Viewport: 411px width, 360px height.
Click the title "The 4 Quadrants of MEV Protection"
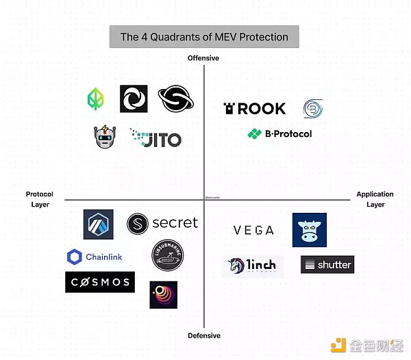tap(204, 37)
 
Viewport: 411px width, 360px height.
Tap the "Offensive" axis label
tap(203, 58)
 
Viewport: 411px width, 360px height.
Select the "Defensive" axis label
tap(204, 335)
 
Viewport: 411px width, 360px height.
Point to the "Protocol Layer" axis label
tap(40, 199)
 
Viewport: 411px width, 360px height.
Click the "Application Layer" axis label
tap(375, 199)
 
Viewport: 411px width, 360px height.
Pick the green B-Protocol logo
tap(279, 133)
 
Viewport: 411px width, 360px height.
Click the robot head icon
tap(105, 138)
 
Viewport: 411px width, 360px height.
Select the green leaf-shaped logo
tap(97, 99)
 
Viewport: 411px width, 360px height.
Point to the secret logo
tap(162, 223)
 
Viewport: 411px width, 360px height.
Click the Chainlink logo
tap(95, 257)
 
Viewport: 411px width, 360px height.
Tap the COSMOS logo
tap(99, 281)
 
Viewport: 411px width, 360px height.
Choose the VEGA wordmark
tap(253, 231)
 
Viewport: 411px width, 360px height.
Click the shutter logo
tap(327, 264)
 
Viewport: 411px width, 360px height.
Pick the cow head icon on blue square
tap(309, 230)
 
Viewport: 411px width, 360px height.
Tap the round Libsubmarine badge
tap(168, 256)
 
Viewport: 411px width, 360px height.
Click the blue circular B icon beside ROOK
tap(313, 108)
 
